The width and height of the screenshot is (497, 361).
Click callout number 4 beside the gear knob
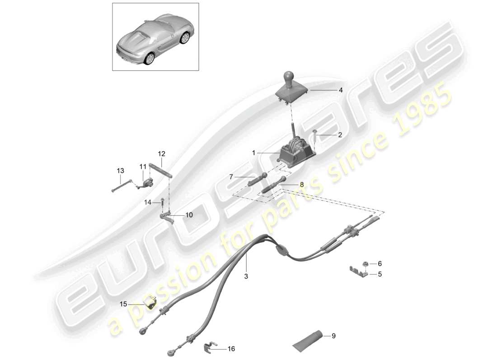pos(341,90)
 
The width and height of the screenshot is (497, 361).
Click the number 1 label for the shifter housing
pos(254,153)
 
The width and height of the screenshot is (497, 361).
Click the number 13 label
pos(120,171)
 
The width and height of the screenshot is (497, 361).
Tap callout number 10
pos(188,215)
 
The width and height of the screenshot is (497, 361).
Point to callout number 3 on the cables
pos(247,276)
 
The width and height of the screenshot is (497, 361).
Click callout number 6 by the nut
pos(380,263)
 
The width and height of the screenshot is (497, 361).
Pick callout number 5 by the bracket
pos(380,273)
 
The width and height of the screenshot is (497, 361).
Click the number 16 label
pos(231,349)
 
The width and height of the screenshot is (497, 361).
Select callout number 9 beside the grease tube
pos(333,336)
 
